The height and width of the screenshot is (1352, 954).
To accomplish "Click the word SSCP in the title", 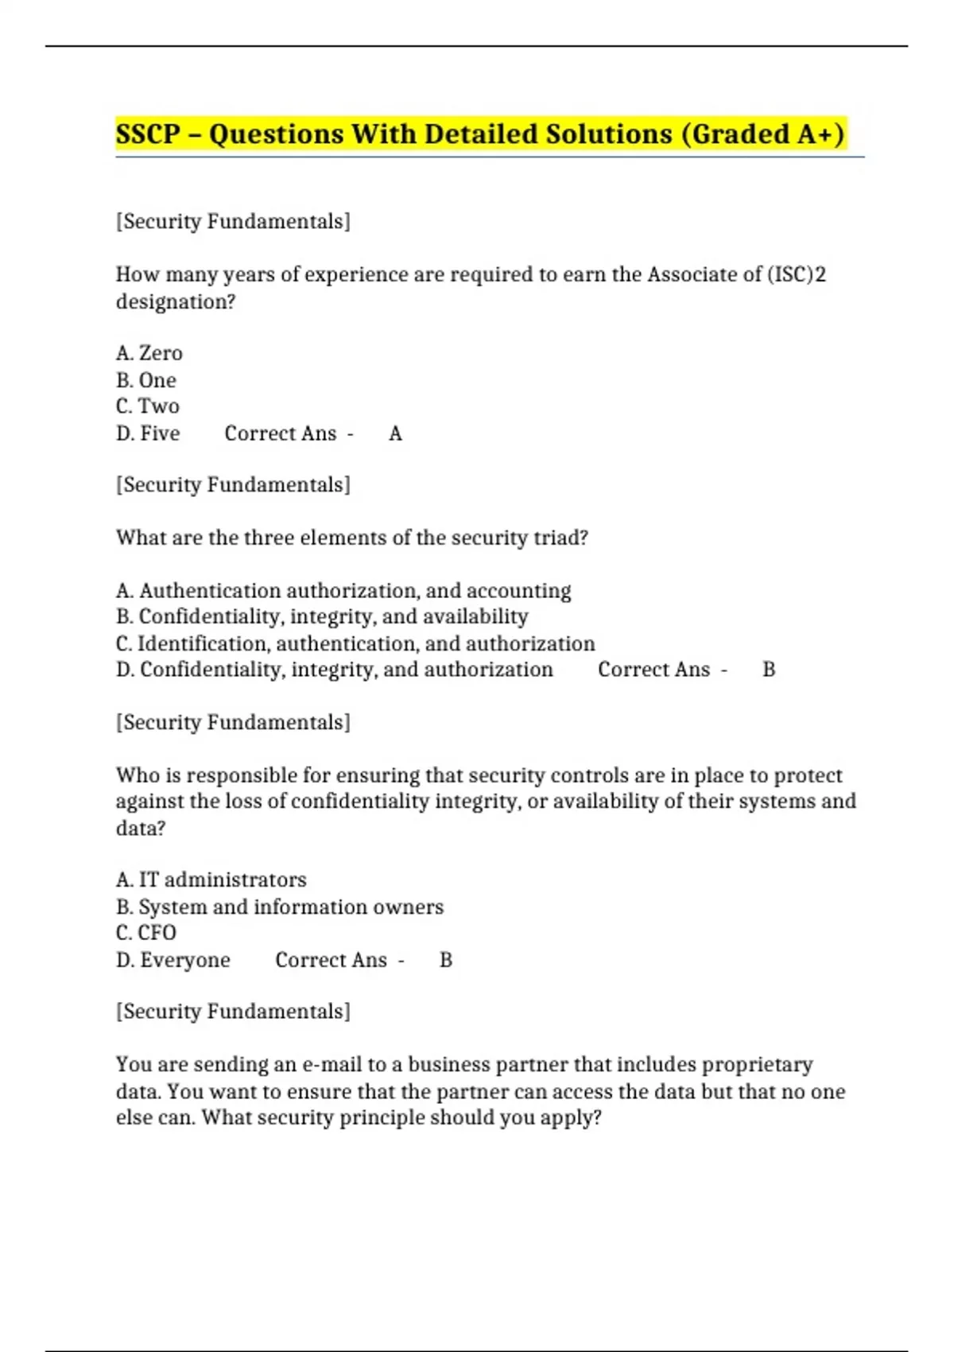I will click(148, 134).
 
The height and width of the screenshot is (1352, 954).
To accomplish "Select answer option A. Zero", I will click(149, 353).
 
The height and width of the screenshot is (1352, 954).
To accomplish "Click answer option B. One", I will click(146, 380).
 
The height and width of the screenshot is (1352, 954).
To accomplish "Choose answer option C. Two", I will click(148, 406).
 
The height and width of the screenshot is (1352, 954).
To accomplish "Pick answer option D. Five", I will click(149, 433).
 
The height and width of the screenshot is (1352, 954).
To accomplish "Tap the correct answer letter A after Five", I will click(395, 433).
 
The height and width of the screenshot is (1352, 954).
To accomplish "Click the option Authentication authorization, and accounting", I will click(343, 591).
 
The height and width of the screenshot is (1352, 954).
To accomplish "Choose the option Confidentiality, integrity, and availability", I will click(322, 617).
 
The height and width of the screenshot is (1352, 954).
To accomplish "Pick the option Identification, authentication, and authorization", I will click(355, 643).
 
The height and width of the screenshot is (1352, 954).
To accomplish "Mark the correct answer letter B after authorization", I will click(769, 670).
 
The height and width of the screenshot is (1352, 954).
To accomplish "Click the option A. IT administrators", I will click(211, 880).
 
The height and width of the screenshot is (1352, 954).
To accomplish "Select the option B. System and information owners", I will click(280, 907).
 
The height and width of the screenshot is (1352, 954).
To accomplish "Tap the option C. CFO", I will click(146, 933).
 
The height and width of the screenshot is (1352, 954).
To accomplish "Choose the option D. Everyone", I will click(173, 960).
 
